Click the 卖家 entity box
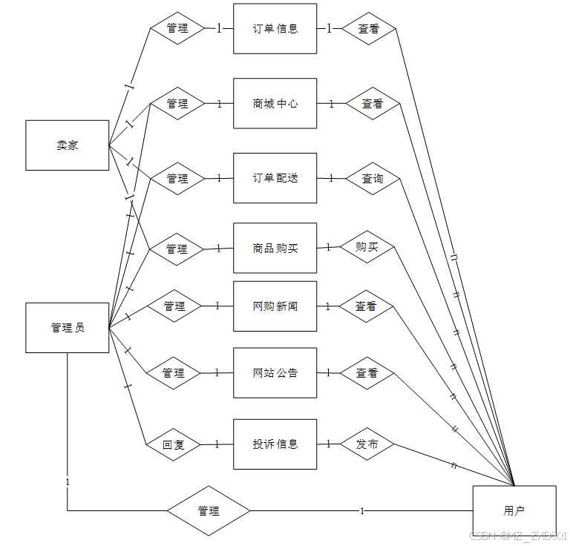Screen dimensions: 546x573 point(67,145)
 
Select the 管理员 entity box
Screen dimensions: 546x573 point(67,327)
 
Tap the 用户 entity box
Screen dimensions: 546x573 point(514,510)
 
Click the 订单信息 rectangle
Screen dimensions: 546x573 point(275,29)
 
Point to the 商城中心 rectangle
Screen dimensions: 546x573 point(275,104)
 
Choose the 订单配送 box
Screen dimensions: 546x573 point(275,178)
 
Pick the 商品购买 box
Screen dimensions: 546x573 point(275,248)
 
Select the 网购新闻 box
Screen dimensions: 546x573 point(275,306)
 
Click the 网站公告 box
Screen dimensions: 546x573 point(275,372)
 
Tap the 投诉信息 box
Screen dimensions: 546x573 point(275,444)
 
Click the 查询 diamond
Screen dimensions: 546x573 point(373,179)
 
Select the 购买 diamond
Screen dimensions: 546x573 point(367,247)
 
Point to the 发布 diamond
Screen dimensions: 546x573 point(367,444)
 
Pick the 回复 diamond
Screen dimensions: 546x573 point(173,445)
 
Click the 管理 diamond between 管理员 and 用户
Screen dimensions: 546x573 point(209,511)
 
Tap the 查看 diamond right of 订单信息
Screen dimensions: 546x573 point(369,29)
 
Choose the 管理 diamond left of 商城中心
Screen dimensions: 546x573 point(177,104)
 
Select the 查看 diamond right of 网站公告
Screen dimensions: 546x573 point(367,372)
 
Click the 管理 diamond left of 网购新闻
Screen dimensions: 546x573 point(174,306)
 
